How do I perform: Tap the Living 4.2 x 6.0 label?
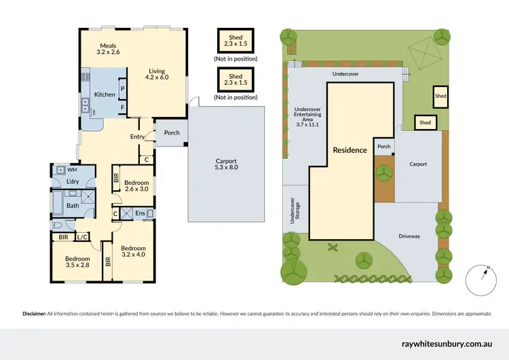tap(156, 73)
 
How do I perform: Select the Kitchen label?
tap(105, 94)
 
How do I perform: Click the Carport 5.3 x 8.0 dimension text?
tap(226, 163)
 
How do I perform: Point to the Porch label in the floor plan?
tap(172, 132)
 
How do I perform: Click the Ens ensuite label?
tap(139, 214)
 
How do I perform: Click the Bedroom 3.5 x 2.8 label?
tap(77, 262)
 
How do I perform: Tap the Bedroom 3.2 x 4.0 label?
tap(133, 252)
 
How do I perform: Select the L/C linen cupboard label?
tap(83, 237)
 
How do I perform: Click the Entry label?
tap(138, 137)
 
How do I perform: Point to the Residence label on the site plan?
tap(350, 150)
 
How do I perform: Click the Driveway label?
tap(409, 236)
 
